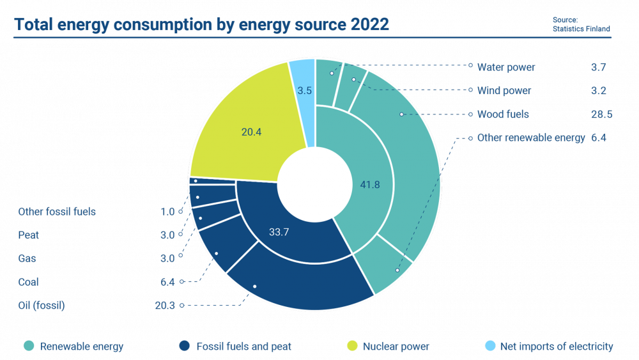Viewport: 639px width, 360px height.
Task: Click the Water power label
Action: (506, 67)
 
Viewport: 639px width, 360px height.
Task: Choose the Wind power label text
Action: (504, 91)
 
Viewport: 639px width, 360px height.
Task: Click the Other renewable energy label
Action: (531, 137)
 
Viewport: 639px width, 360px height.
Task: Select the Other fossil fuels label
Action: (57, 212)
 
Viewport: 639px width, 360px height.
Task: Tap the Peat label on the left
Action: (29, 235)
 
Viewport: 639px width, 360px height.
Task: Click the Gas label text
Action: (27, 258)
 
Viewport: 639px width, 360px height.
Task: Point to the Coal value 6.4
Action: (168, 282)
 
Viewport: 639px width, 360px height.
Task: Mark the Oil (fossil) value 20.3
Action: (165, 306)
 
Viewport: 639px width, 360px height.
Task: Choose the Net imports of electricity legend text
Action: (556, 347)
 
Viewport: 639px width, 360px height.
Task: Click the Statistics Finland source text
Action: (581, 29)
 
